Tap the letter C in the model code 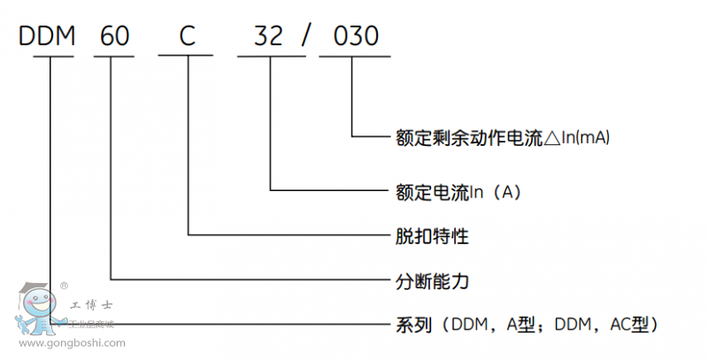[187, 36]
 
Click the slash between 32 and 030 [307, 36]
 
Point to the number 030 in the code [354, 36]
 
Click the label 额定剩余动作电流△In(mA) [503, 137]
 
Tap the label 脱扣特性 [430, 236]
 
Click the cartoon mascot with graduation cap [39, 310]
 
